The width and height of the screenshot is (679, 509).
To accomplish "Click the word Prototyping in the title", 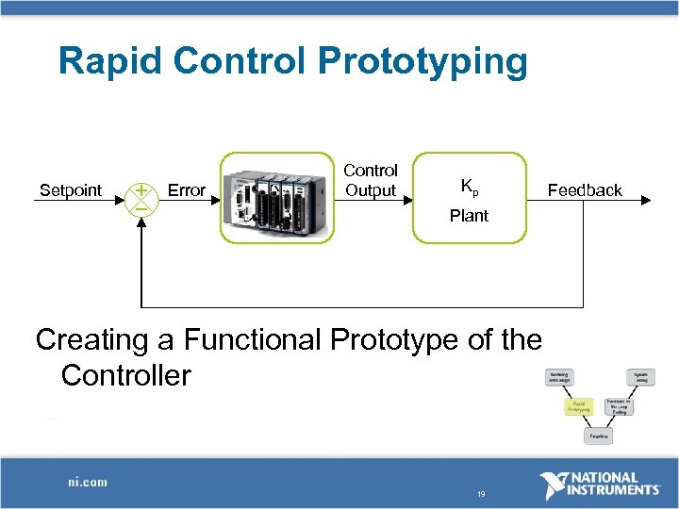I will [423, 62].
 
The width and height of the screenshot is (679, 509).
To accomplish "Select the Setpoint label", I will [71, 190].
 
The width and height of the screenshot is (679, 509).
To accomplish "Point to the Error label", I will [186, 190].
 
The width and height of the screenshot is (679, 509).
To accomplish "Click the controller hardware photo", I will [277, 198].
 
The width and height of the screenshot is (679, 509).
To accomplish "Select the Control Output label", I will [371, 180].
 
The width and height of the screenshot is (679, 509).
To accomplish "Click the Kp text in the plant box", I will [469, 186].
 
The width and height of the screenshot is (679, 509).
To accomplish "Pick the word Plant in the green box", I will [469, 216].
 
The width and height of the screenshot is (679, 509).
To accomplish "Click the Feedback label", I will [585, 190].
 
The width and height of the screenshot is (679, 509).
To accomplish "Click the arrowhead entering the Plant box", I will [407, 199].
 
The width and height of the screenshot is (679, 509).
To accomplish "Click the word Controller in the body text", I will [125, 376].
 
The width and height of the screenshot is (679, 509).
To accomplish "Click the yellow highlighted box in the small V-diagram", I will [578, 406].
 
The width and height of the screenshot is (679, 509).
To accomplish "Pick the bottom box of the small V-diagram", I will [598, 437].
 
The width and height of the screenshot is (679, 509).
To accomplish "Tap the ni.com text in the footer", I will [87, 483].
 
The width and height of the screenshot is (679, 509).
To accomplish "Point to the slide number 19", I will [481, 494].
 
